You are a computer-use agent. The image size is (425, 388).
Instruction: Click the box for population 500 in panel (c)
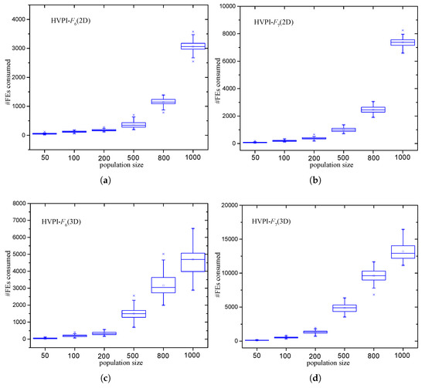click(134, 313)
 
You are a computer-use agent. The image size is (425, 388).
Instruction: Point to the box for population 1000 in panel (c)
click(192, 261)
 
